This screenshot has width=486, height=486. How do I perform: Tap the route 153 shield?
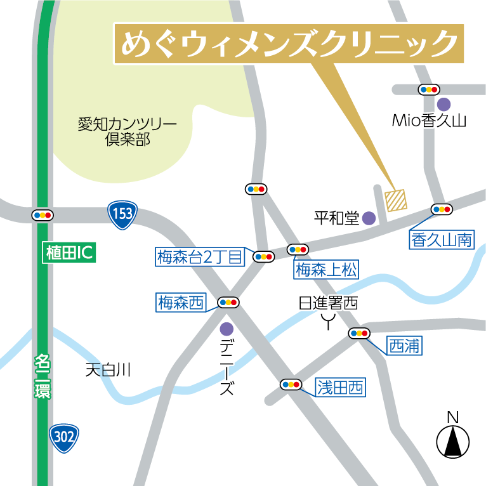pos(122,213)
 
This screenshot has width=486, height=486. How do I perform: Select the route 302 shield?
pos(65,437)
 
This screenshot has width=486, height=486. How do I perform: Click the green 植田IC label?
pos(69,253)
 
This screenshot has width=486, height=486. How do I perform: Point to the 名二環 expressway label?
pos(43,376)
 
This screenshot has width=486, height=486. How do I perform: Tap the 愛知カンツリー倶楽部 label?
pos(127,131)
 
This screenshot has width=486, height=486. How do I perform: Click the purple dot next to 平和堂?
pos(369,219)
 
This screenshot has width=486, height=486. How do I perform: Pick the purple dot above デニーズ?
pos(227,329)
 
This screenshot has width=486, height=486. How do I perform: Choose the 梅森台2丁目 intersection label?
pos(200,257)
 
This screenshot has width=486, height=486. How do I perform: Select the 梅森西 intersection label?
pos(181,303)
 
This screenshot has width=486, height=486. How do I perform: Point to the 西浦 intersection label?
pos(404,346)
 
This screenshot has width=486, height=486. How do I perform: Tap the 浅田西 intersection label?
pos(341,387)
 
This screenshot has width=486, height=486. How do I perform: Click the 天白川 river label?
pos(108,370)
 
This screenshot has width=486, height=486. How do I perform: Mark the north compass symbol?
pos(453,437)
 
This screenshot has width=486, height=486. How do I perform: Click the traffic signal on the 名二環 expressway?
pos(43,215)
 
